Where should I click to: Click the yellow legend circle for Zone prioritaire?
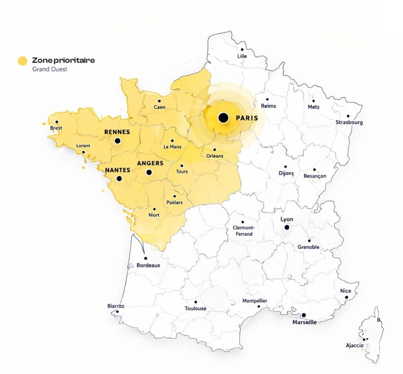(22, 61)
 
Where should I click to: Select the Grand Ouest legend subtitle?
(50, 69)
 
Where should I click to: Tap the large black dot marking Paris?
(223, 117)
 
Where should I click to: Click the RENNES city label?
(117, 132)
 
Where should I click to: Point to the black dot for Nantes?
(119, 179)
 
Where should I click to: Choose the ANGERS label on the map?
(150, 163)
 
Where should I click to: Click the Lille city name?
(242, 56)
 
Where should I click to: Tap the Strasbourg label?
(349, 122)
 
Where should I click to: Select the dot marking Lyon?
(287, 227)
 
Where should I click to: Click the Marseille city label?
(304, 322)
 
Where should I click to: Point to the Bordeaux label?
(148, 266)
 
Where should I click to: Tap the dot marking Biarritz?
(117, 312)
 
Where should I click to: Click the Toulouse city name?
(196, 309)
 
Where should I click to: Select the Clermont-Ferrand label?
(243, 231)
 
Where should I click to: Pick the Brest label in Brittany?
(56, 128)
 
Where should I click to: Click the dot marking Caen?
(159, 101)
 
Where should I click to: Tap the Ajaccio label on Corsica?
(355, 346)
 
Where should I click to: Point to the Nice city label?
(346, 291)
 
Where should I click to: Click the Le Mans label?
(172, 147)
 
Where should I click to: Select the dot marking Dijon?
(285, 167)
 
